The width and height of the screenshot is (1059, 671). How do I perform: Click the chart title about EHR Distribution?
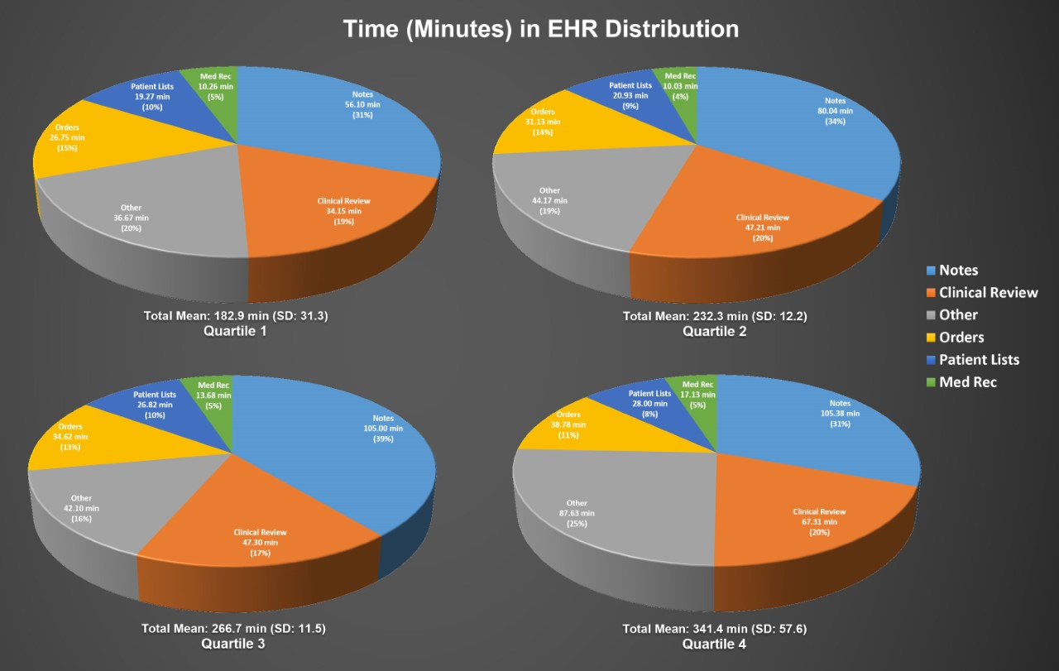540,29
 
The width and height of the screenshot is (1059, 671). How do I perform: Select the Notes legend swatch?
930,271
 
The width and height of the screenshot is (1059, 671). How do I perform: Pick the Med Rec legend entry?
968,382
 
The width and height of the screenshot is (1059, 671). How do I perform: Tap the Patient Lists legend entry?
979,360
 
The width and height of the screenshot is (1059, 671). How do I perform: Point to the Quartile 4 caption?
714,644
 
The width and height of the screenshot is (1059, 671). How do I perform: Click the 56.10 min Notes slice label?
362,105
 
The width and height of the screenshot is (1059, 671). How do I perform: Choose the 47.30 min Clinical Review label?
260,543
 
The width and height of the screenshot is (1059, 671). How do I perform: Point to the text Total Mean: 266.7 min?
234,629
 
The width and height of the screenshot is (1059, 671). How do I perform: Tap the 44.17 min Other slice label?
549,200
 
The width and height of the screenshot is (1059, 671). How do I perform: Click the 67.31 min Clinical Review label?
819,521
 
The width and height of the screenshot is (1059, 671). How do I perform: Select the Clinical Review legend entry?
988,293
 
